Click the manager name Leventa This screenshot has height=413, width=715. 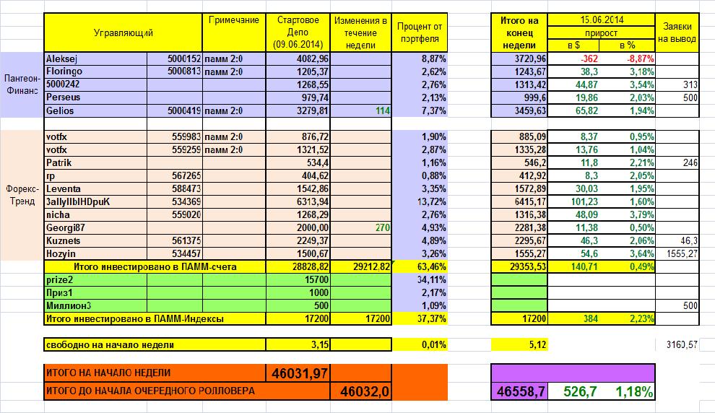(x=63, y=188)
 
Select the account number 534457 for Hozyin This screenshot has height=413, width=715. (x=186, y=253)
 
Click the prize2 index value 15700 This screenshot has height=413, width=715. (x=316, y=279)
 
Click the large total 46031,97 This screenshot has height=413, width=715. (x=299, y=373)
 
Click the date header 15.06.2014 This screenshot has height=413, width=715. (x=601, y=20)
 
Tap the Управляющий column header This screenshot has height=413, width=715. (x=123, y=32)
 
